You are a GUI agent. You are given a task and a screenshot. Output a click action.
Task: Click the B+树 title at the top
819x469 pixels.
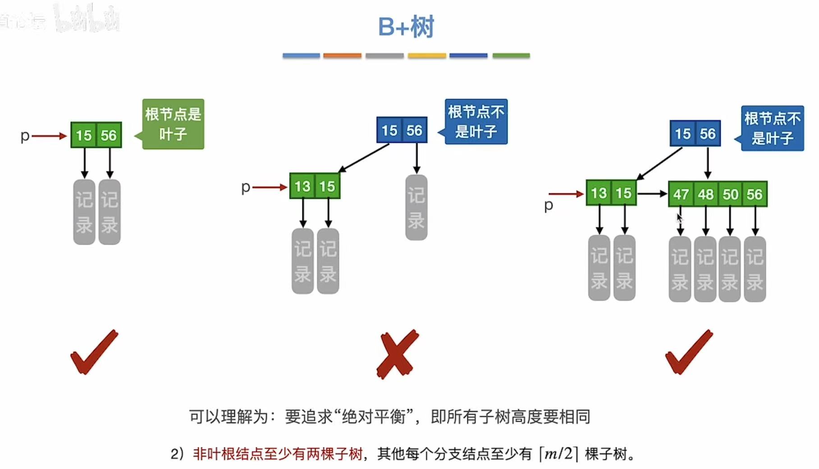point(406,27)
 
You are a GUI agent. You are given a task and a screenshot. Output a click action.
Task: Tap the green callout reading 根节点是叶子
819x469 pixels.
point(174,124)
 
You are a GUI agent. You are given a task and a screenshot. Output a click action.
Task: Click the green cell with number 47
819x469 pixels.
point(681,194)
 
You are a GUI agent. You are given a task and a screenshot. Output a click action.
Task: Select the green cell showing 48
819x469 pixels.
point(706,194)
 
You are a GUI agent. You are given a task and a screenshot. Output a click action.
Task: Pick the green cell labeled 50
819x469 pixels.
point(731,194)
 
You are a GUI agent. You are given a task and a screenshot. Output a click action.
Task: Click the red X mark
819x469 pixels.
point(397,354)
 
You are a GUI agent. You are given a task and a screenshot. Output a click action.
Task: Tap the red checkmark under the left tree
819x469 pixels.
point(94,352)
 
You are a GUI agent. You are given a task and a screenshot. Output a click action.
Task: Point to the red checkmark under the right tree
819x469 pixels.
point(689,352)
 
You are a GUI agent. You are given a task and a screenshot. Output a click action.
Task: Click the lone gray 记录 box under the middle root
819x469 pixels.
point(416,207)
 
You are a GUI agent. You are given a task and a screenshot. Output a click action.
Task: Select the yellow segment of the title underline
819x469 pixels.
point(427,55)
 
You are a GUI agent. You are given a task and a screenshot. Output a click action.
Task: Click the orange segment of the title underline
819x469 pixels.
point(342,55)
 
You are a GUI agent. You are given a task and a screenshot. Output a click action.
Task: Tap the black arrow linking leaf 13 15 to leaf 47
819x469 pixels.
point(652,194)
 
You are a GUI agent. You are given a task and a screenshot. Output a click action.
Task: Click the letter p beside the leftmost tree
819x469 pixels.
point(25,136)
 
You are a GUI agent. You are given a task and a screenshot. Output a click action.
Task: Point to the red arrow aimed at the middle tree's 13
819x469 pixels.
point(270,187)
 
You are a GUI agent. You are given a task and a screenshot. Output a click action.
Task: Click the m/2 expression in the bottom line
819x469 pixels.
point(558,453)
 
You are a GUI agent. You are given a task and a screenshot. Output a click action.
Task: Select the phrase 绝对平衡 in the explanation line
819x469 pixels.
point(374,417)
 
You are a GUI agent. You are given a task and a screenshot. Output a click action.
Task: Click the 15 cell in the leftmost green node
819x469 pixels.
point(84,135)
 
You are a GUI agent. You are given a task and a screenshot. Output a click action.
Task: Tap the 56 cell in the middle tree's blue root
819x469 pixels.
point(414,131)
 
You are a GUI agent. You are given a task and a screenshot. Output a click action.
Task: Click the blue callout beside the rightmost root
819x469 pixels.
point(772,128)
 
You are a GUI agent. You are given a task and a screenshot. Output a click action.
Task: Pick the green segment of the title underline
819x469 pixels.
point(511,55)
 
